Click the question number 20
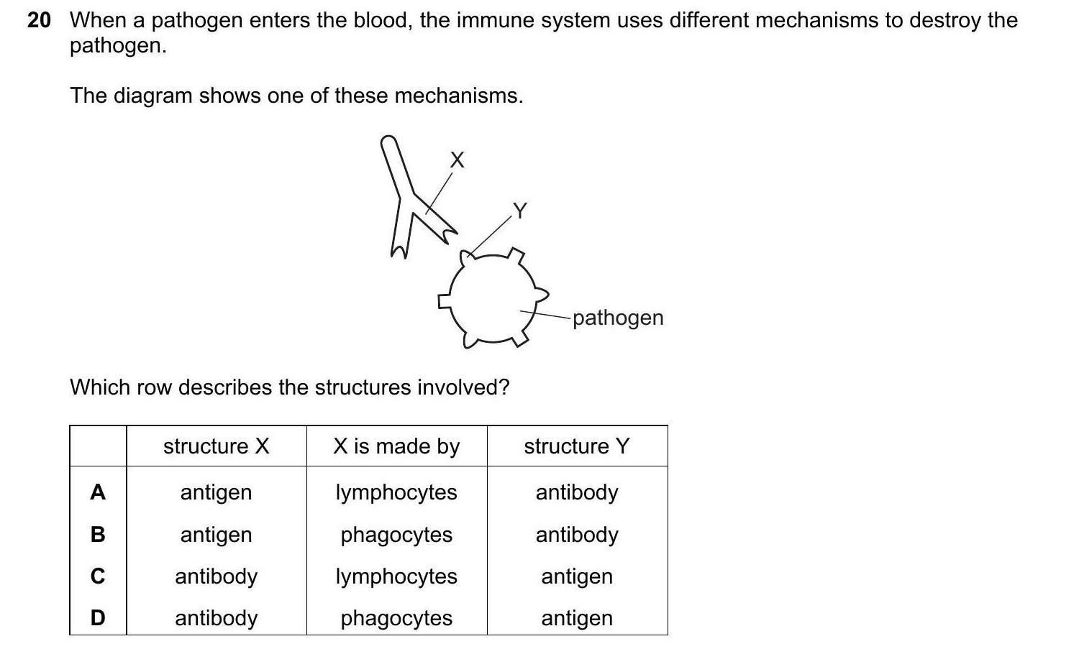click(x=39, y=21)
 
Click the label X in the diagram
click(x=457, y=160)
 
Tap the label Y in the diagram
click(x=519, y=211)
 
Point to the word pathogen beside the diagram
click(x=618, y=318)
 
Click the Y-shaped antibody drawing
click(x=406, y=198)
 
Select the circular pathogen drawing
click(x=493, y=296)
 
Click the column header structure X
click(x=216, y=446)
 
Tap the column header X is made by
click(x=396, y=446)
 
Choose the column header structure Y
click(x=576, y=446)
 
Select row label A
click(x=98, y=492)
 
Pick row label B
click(x=98, y=535)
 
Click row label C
click(x=98, y=576)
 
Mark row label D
click(x=98, y=618)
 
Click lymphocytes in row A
click(x=396, y=492)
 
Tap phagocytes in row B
click(x=396, y=535)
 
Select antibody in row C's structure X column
click(x=216, y=576)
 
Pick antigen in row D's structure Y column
click(x=577, y=618)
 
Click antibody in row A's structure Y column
click(x=577, y=492)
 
